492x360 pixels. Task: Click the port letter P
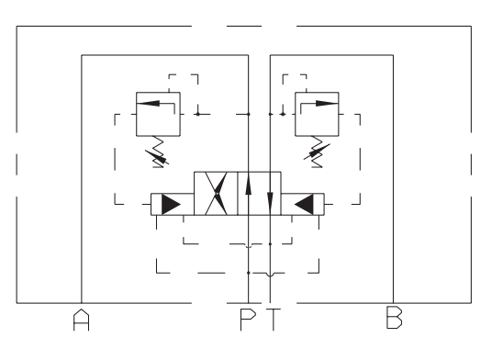coord(248,320)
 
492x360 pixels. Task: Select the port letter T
coord(274,320)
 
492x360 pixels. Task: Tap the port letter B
coord(394,318)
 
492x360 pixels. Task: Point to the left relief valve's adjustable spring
coord(158,152)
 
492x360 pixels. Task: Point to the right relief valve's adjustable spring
coord(317,152)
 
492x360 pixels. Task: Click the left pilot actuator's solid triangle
coord(171,204)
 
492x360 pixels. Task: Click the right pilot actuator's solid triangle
coord(304,204)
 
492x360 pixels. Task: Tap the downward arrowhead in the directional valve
coord(270,200)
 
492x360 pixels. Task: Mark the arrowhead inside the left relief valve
coord(149,103)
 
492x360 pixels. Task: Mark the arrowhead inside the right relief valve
coord(327,103)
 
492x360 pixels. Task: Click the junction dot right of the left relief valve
coord(197,114)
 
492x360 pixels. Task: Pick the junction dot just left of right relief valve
coord(283,114)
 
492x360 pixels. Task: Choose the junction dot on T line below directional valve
coord(270,244)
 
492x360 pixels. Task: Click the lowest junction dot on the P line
coord(248,273)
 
